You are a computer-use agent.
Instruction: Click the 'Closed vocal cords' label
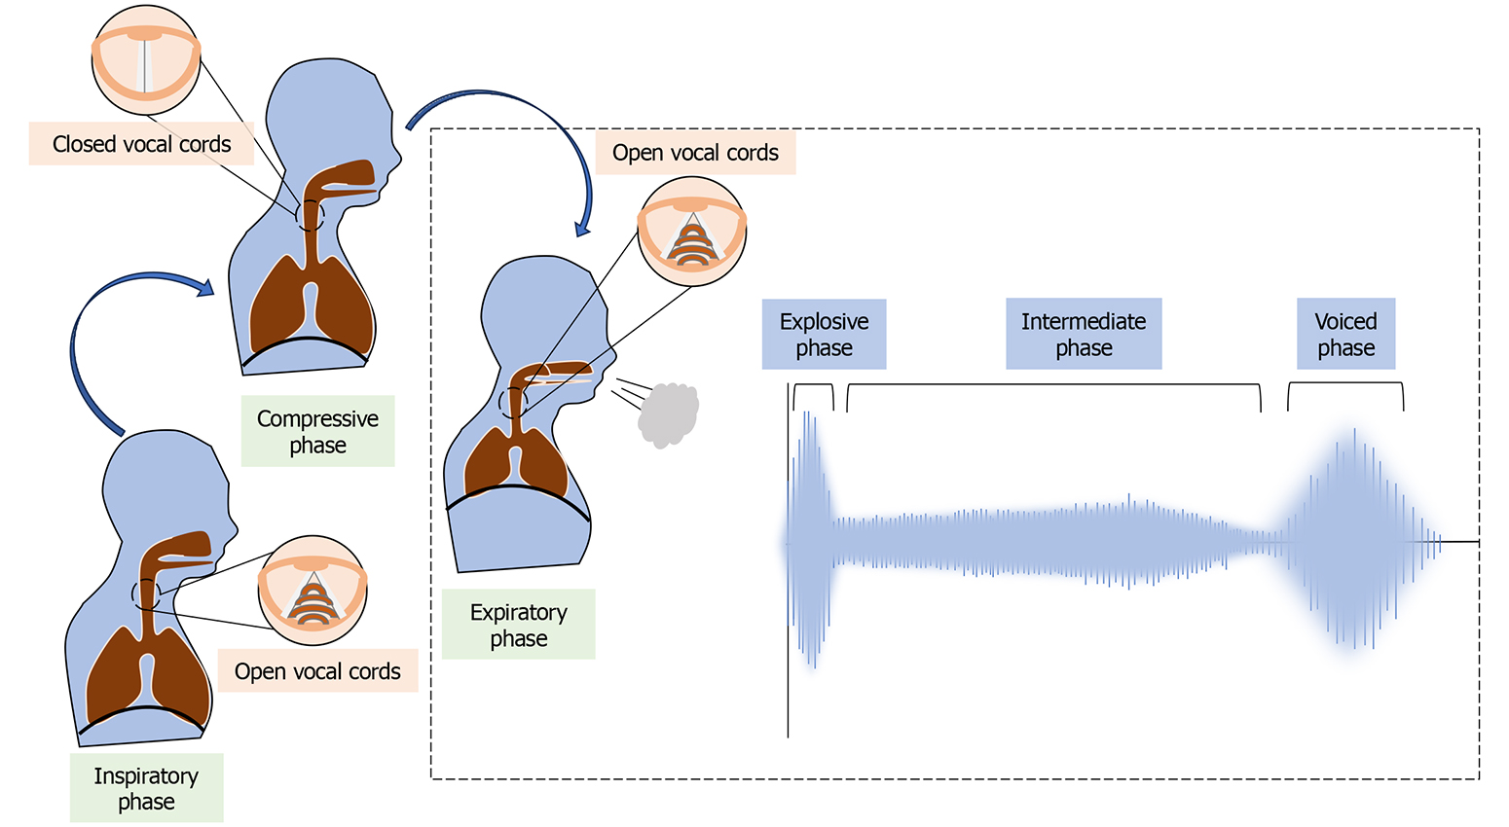pos(141,144)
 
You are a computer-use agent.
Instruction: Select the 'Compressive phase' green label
pos(317,431)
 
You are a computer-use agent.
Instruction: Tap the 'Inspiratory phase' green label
pos(146,788)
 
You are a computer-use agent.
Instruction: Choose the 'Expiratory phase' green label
pos(518,625)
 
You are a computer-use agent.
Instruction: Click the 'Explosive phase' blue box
pos(824,334)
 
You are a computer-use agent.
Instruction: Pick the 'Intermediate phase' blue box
pos(1084,334)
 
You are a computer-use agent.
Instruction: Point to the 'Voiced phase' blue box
pos(1345,334)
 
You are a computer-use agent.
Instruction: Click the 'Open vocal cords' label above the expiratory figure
pos(695,153)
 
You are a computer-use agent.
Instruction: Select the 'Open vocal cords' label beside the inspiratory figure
pos(317,671)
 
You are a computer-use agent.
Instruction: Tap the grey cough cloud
pos(670,414)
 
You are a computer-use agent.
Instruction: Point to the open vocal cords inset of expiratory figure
pos(692,232)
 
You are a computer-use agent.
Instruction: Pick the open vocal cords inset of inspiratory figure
pos(313,589)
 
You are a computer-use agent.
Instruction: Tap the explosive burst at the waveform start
pos(811,540)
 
